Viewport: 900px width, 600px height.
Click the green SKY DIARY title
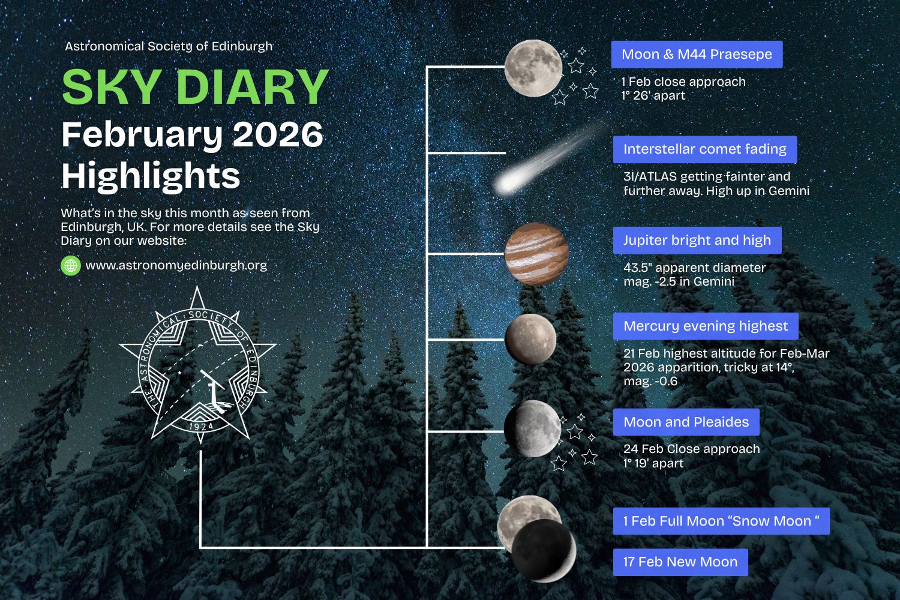tap(195, 87)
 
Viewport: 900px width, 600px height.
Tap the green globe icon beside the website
tap(71, 266)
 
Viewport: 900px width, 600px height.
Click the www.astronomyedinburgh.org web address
tap(176, 265)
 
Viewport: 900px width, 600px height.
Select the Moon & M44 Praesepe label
tap(697, 54)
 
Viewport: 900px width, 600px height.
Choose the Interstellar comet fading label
tap(705, 149)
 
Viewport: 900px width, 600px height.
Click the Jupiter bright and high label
tap(697, 241)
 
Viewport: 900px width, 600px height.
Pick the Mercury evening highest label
tap(706, 326)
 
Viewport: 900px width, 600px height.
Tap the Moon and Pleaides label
tap(686, 422)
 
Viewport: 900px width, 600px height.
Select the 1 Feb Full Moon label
tap(721, 521)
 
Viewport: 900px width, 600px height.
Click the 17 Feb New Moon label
tap(680, 562)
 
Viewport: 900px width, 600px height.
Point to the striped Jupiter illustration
tap(536, 254)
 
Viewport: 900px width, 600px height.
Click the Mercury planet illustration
tap(530, 340)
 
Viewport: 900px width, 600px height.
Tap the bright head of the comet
tap(507, 183)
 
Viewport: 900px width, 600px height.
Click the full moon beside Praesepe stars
tap(533, 68)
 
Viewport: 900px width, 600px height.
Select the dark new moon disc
tap(544, 551)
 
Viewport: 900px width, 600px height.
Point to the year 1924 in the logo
tap(201, 427)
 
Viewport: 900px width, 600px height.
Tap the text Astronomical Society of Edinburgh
tap(169, 47)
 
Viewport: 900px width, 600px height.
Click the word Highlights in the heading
tap(151, 176)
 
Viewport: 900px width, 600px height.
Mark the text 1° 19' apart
tap(653, 463)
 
